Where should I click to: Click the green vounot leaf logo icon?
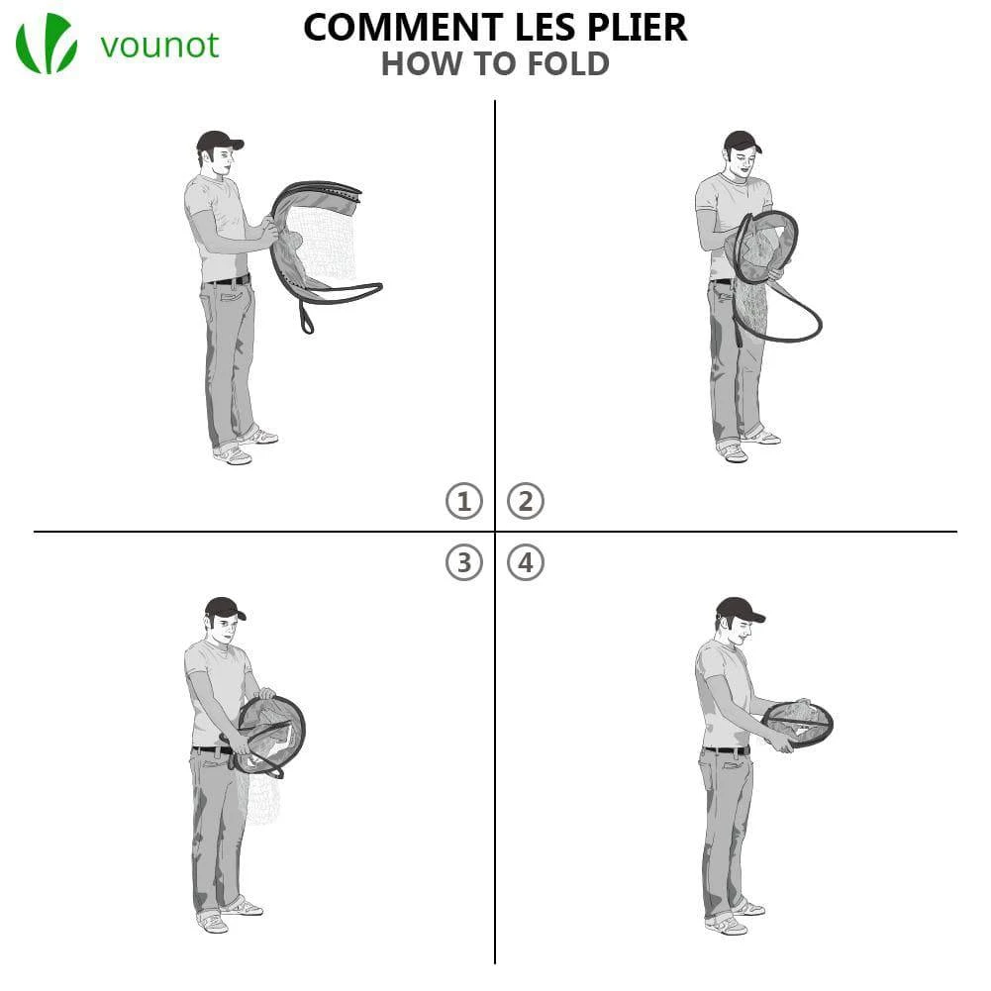click(47, 43)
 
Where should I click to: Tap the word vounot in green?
click(159, 46)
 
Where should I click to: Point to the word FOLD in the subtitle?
click(568, 63)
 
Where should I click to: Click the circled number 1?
click(464, 501)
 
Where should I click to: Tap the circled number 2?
click(526, 501)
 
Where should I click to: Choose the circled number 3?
click(464, 562)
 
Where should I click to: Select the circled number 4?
click(526, 562)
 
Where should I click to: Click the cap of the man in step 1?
click(219, 141)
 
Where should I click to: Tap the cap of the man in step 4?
click(740, 609)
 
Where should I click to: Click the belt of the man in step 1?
click(228, 280)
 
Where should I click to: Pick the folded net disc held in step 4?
click(798, 723)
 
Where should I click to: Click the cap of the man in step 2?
click(742, 141)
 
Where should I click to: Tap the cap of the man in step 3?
click(224, 608)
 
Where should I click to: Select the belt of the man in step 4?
click(727, 750)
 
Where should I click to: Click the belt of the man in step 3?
click(212, 750)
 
